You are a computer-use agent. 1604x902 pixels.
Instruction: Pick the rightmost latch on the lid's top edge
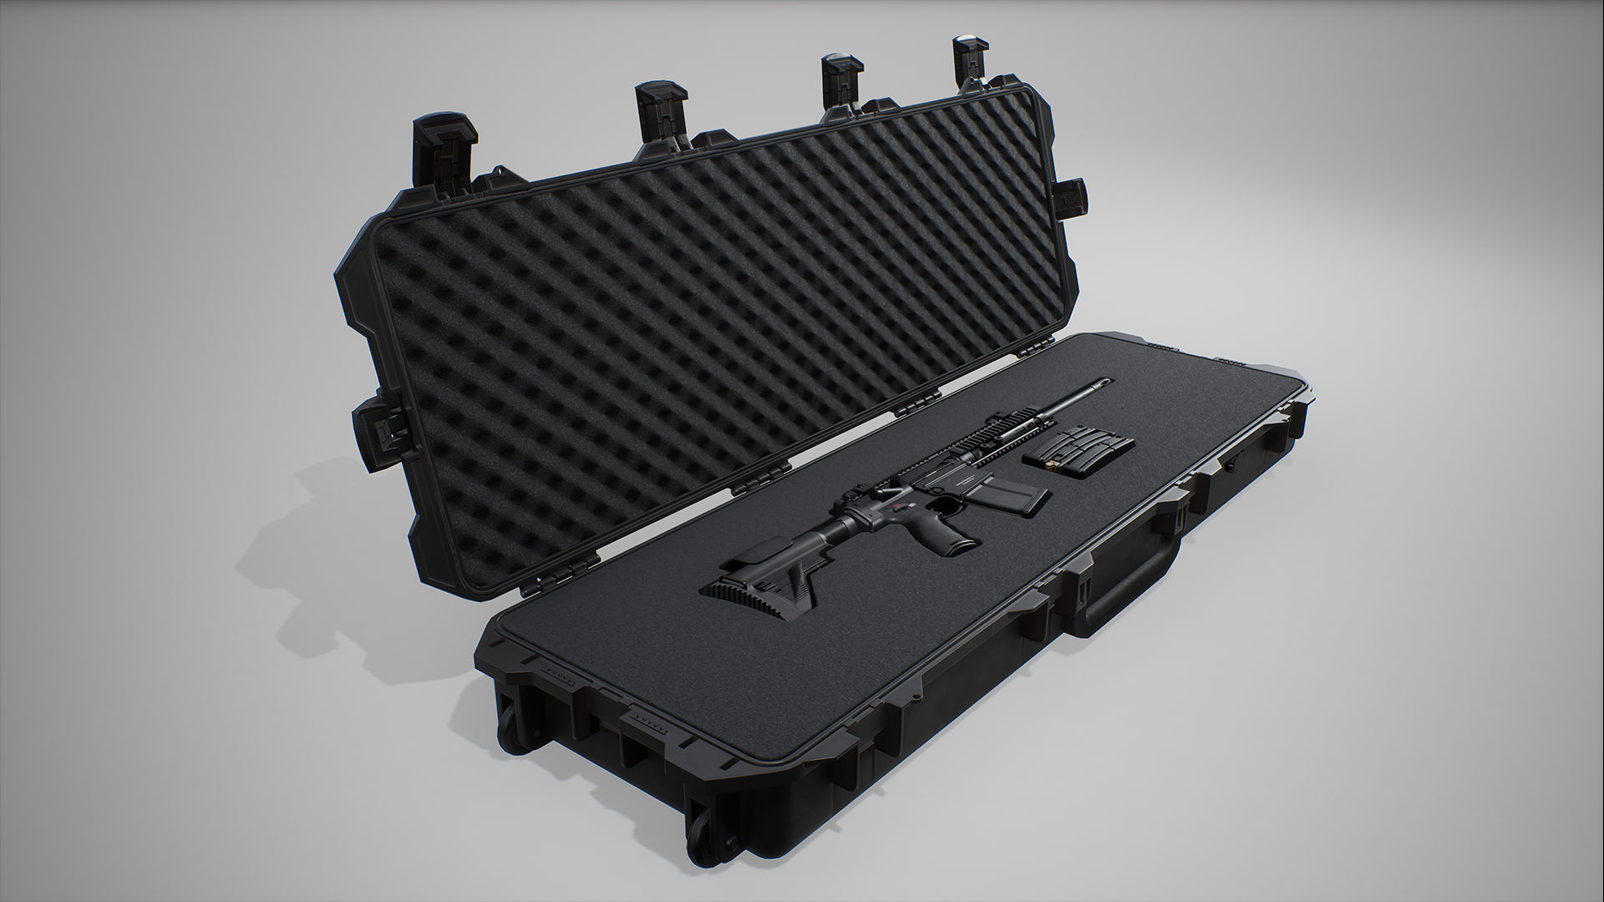click(968, 60)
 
